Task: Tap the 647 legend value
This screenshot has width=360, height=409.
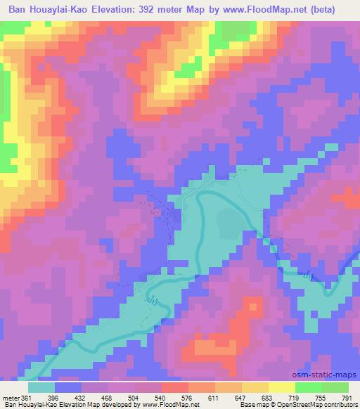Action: [245, 398]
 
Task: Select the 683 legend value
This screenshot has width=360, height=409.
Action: [271, 398]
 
